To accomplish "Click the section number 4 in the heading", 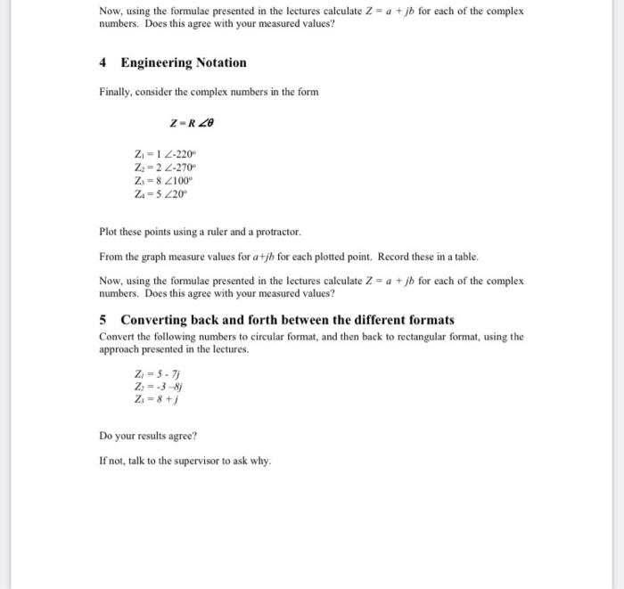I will point(103,63).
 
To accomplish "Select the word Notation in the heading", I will point(222,63).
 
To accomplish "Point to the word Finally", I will point(116,93).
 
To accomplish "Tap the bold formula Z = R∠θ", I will point(191,123).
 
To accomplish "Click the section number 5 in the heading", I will point(103,320).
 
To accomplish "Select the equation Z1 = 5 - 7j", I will point(152,374).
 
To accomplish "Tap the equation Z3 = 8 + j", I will point(152,401).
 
